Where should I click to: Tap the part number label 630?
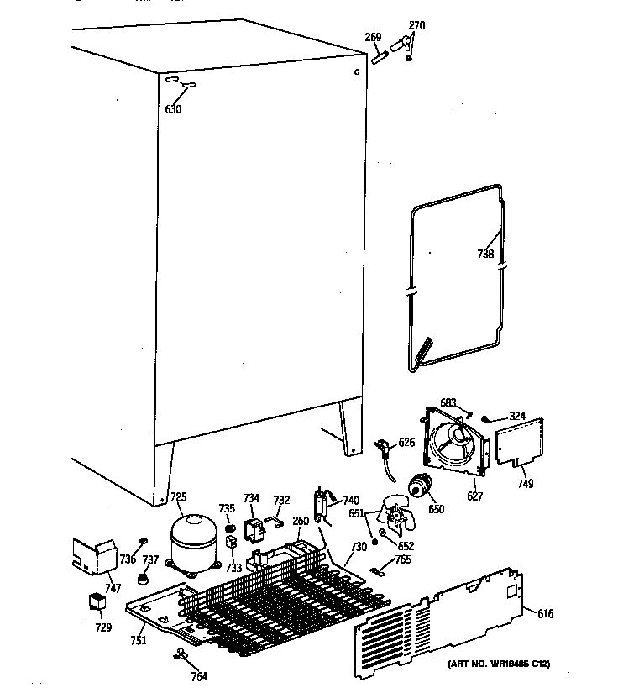[173, 109]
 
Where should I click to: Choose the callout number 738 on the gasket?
[485, 255]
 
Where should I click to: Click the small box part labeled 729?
[98, 603]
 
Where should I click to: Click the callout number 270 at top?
[416, 26]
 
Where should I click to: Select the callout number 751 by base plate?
[139, 641]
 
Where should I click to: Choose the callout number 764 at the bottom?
[199, 675]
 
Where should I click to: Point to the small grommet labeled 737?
[144, 580]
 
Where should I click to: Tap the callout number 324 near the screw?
[516, 416]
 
